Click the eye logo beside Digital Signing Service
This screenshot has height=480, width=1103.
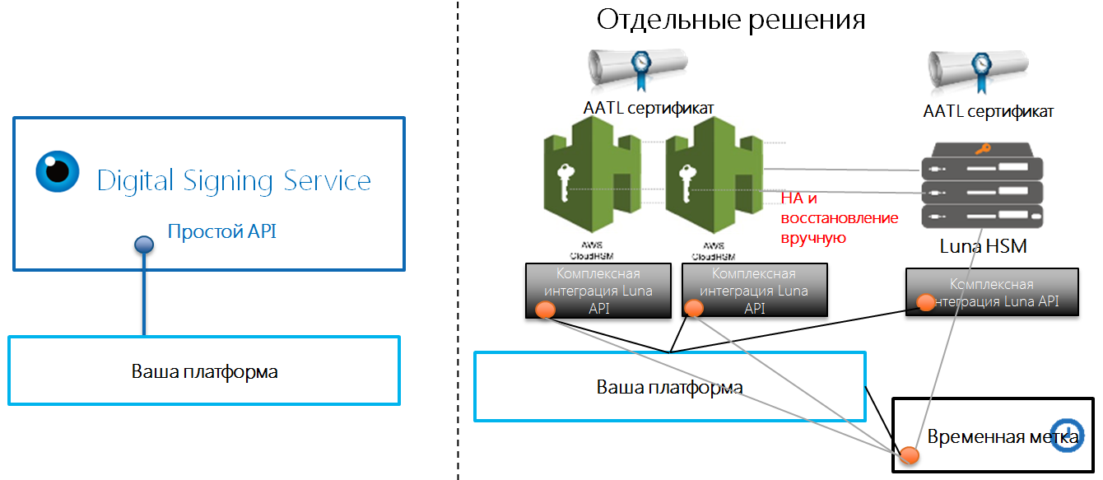coord(58,171)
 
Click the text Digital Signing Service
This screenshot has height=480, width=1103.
coord(234,181)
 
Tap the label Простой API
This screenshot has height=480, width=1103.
coord(221,232)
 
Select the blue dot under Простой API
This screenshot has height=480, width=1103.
coord(144,245)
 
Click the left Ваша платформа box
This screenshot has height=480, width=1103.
coord(204,370)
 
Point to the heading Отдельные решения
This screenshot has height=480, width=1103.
coord(731,20)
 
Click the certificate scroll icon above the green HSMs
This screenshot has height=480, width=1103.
coord(638,69)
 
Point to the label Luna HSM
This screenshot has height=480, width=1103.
coord(983,247)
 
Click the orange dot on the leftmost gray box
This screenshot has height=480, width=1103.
coord(544,310)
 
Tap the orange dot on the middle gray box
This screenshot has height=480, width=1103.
coord(694,309)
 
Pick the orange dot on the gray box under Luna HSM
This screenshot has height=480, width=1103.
coord(926,302)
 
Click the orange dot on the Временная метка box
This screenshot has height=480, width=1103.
coord(909,454)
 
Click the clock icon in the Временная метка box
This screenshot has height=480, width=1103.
coord(1068,432)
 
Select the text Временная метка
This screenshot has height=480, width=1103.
coord(991,437)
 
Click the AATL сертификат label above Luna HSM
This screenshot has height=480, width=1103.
coord(988,112)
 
